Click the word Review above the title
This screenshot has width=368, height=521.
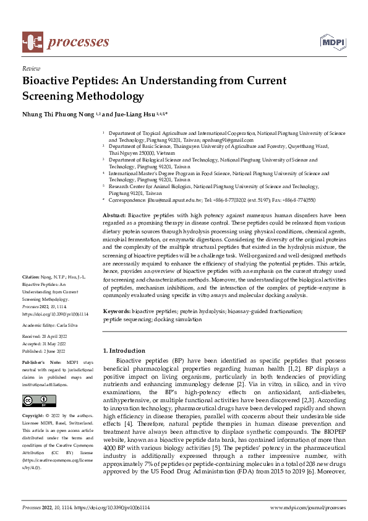[31, 69]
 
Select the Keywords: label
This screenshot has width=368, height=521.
[117, 311]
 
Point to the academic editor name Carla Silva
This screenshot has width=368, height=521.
[68, 324]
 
